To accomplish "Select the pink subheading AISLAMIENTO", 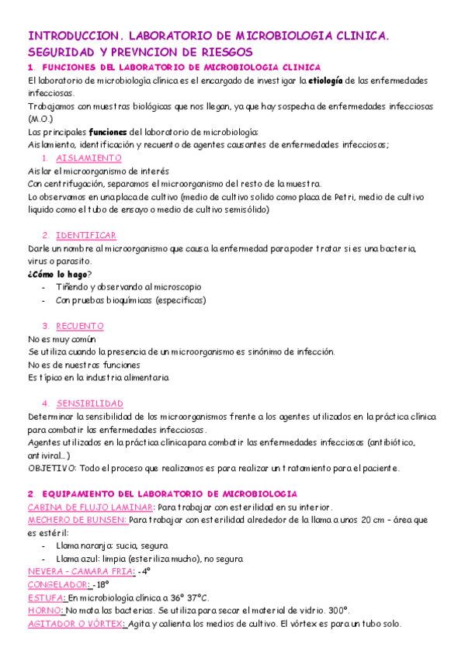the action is (88, 158).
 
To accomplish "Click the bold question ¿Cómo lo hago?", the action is (59, 274).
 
